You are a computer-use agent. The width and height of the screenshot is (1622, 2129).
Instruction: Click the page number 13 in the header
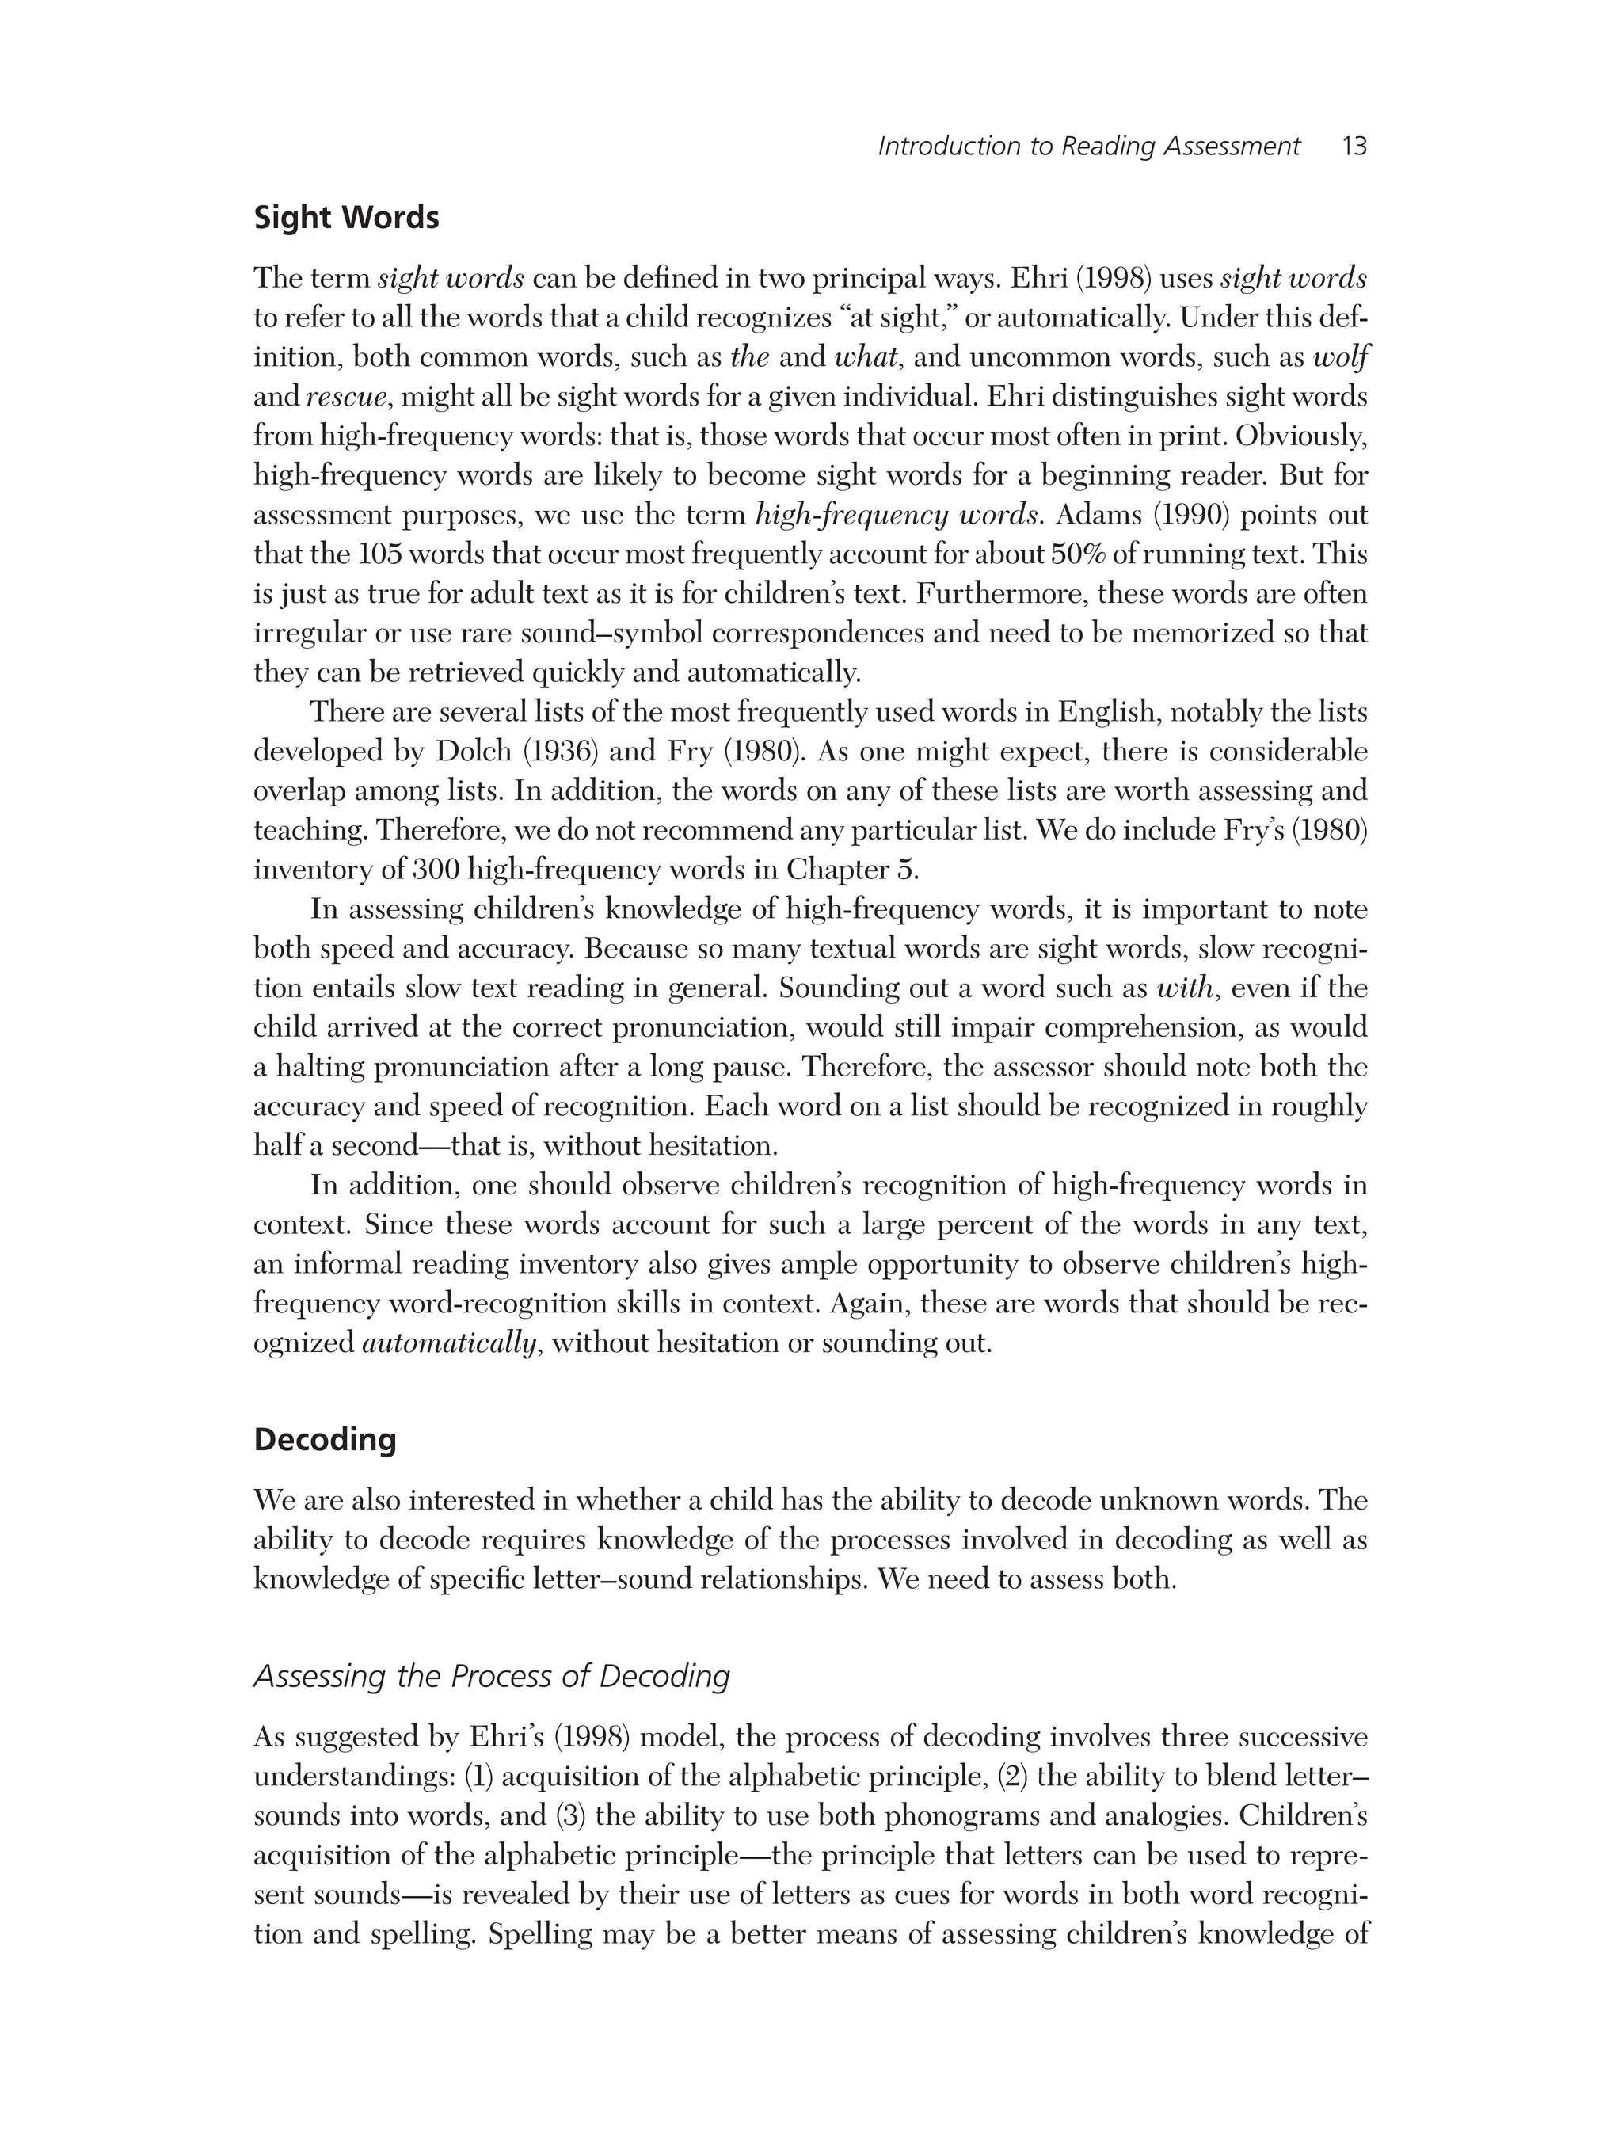[x=1354, y=147]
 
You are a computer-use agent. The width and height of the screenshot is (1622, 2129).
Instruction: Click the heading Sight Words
[x=345, y=219]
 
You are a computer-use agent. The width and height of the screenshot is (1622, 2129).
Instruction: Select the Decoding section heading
[x=325, y=1440]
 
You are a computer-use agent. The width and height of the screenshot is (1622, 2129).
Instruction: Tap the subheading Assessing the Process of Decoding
[x=491, y=1676]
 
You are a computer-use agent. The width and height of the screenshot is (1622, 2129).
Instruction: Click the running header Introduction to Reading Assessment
[x=1088, y=147]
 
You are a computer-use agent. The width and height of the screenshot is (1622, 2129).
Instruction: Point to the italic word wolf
[x=1341, y=357]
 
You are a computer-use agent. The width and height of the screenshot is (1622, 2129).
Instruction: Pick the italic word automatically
[x=449, y=1343]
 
